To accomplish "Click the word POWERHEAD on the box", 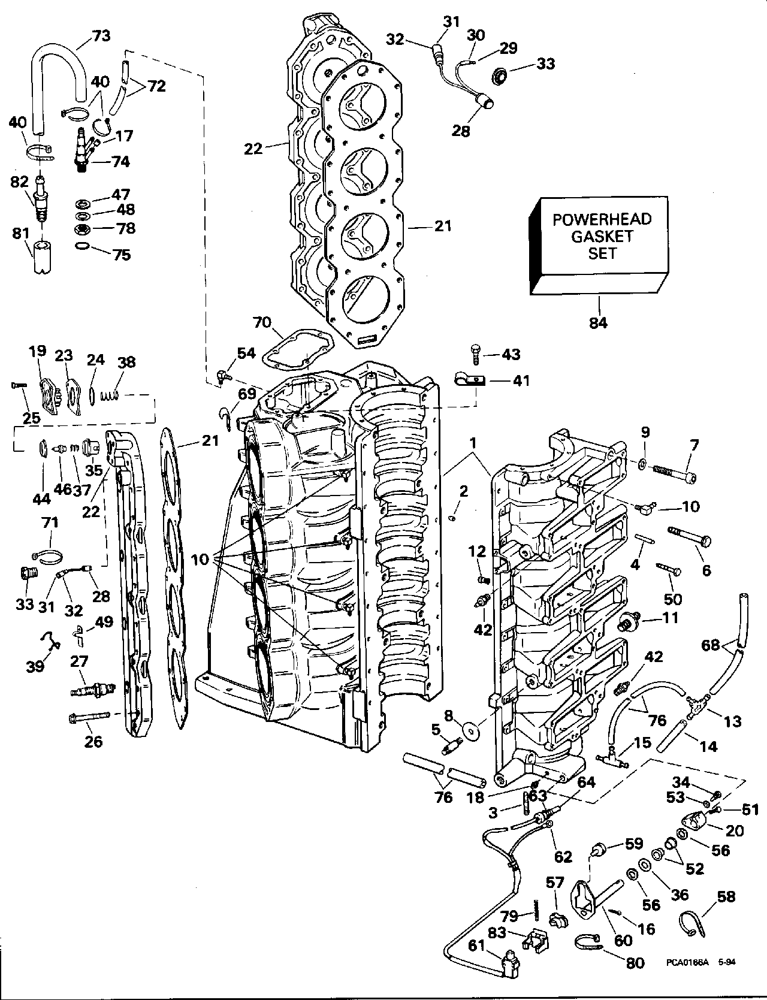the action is click(602, 219).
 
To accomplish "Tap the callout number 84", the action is click(598, 323).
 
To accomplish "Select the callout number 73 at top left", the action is click(101, 37).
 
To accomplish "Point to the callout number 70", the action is click(262, 324).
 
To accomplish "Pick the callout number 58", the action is click(726, 896).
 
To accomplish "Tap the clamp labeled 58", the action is click(693, 926).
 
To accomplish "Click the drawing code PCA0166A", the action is click(687, 979).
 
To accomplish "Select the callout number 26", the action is click(93, 742).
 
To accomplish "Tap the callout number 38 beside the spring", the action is click(126, 362).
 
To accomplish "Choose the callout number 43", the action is click(511, 354).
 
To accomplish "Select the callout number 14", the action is click(708, 747).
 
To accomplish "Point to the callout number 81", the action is click(21, 232).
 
